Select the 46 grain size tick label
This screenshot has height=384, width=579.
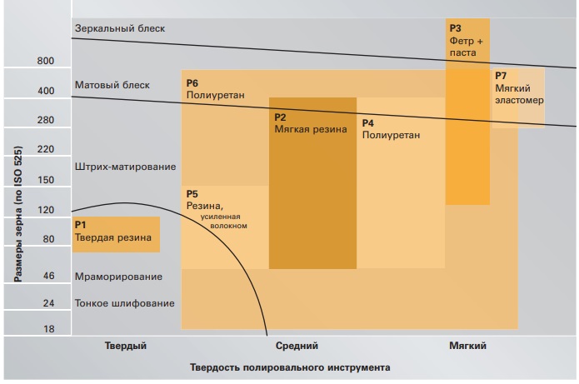(x=48, y=275)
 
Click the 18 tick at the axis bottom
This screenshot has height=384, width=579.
(x=48, y=329)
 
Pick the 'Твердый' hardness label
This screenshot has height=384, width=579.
(x=126, y=346)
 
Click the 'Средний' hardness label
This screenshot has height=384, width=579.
(x=297, y=346)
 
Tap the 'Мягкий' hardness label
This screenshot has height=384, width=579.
(x=467, y=346)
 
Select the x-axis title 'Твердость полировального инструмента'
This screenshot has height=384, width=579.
(x=290, y=367)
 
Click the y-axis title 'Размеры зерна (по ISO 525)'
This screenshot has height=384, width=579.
(x=18, y=216)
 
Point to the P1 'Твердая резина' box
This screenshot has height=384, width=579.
(x=116, y=234)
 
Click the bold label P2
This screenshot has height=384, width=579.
(x=281, y=117)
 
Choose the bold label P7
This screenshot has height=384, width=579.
(x=501, y=77)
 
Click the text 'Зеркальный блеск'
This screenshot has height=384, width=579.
(x=120, y=28)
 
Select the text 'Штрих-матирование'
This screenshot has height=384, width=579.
(x=125, y=167)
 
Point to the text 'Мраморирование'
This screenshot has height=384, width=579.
(x=118, y=276)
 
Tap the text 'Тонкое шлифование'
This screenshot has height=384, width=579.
(x=125, y=303)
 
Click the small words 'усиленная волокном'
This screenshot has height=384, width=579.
(x=224, y=221)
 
